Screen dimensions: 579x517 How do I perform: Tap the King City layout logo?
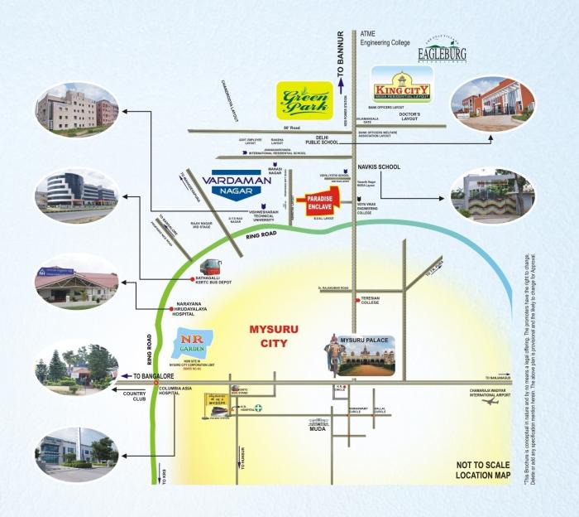click(402, 83)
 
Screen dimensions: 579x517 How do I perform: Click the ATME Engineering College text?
click(385, 38)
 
